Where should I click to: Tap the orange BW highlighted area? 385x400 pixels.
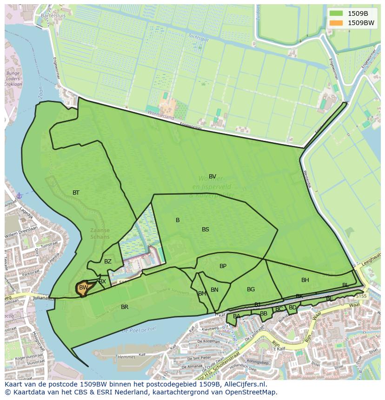pyautogui.click(x=83, y=288)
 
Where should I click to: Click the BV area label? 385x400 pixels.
pyautogui.click(x=212, y=177)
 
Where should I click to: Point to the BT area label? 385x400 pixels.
pyautogui.click(x=76, y=193)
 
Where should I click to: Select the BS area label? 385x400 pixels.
pyautogui.click(x=206, y=230)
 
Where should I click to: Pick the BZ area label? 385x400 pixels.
pyautogui.click(x=108, y=262)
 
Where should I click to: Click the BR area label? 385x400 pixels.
pyautogui.click(x=125, y=307)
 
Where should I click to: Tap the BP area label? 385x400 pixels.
pyautogui.click(x=223, y=266)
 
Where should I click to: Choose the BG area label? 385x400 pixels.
pyautogui.click(x=251, y=289)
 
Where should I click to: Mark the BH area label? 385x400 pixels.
pyautogui.click(x=305, y=280)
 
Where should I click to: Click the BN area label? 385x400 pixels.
pyautogui.click(x=214, y=290)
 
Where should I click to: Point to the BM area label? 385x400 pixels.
pyautogui.click(x=202, y=294)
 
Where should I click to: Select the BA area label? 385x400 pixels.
pyautogui.click(x=237, y=316)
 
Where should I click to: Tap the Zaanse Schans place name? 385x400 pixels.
pyautogui.click(x=100, y=233)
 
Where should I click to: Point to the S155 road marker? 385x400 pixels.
pyautogui.click(x=361, y=296)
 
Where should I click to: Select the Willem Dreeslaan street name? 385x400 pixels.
pyautogui.click(x=21, y=236)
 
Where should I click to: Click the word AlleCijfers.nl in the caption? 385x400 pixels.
pyautogui.click(x=243, y=384)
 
